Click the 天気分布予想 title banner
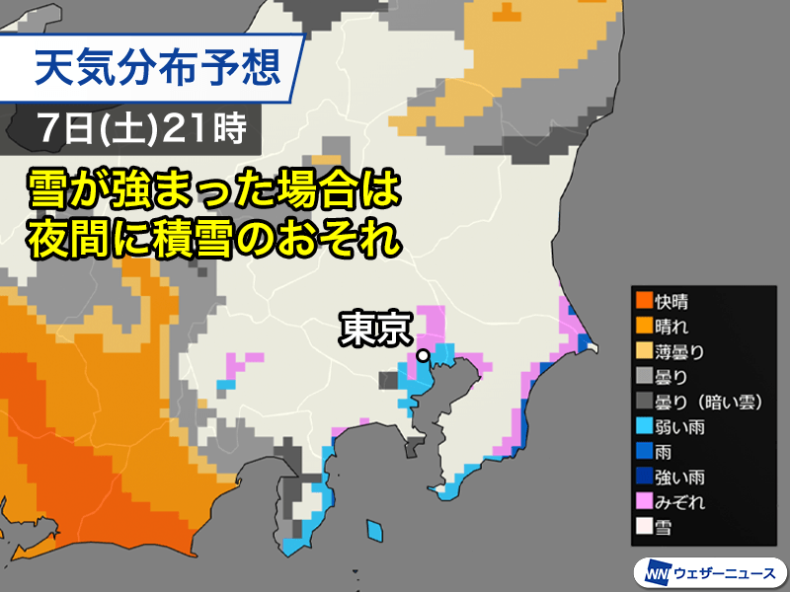[x=158, y=69]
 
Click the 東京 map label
[x=374, y=329]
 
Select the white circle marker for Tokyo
[x=423, y=355]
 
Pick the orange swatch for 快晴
[x=644, y=299]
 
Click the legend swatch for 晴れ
[x=644, y=325]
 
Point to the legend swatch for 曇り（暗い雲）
[x=644, y=402]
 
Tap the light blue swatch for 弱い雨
[x=644, y=427]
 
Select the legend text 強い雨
[x=682, y=478]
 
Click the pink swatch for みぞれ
[x=644, y=503]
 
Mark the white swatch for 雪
[x=644, y=529]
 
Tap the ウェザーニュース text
[x=725, y=573]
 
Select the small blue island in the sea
[x=373, y=531]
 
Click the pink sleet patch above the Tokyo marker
[x=432, y=324]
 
